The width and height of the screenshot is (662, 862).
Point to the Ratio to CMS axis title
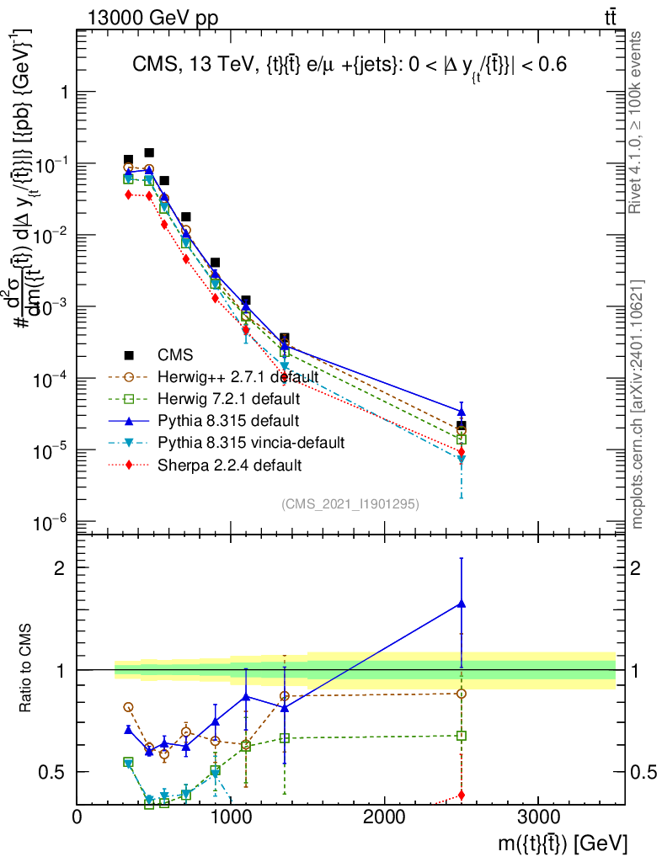[x=28, y=670]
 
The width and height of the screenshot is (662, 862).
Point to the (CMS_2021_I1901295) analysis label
[x=350, y=503]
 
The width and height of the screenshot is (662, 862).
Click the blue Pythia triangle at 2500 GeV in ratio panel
[x=462, y=604]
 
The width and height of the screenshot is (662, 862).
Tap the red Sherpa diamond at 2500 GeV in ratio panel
[x=462, y=795]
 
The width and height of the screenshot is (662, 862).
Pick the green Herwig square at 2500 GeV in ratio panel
[x=462, y=736]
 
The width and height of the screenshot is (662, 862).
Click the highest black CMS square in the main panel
[x=149, y=152]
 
